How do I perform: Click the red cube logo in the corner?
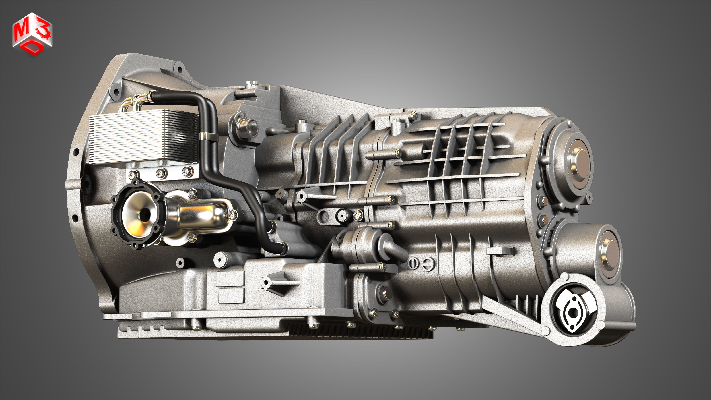(32, 34)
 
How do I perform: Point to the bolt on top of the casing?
(251, 83)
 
